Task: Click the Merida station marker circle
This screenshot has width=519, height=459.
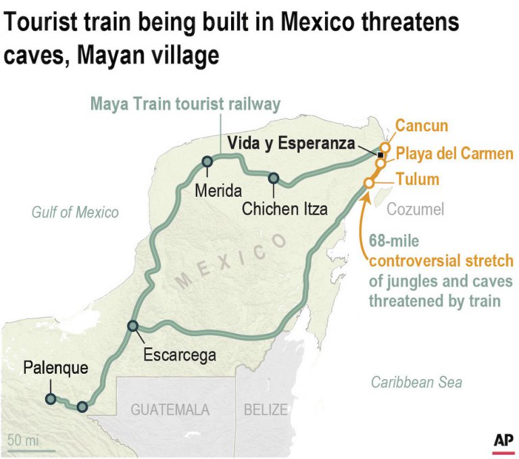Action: tap(207, 162)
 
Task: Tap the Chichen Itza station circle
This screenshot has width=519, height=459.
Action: tap(274, 178)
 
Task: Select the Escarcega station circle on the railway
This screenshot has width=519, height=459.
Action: tap(132, 327)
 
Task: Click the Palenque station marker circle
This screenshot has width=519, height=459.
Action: tap(51, 399)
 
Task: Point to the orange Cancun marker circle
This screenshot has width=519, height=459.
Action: tap(385, 147)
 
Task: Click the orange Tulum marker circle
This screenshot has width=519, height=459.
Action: tap(369, 183)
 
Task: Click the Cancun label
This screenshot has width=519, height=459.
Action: tap(421, 126)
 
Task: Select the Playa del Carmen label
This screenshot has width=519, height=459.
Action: tap(454, 153)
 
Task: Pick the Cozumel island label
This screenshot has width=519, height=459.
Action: tap(415, 210)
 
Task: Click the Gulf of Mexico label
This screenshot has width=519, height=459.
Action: tap(74, 213)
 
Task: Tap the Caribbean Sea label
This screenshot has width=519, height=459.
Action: tap(416, 383)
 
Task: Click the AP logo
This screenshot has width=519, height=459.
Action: tap(503, 440)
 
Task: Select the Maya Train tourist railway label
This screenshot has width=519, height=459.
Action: tap(186, 105)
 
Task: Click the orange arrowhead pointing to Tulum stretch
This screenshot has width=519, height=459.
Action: tap(365, 195)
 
